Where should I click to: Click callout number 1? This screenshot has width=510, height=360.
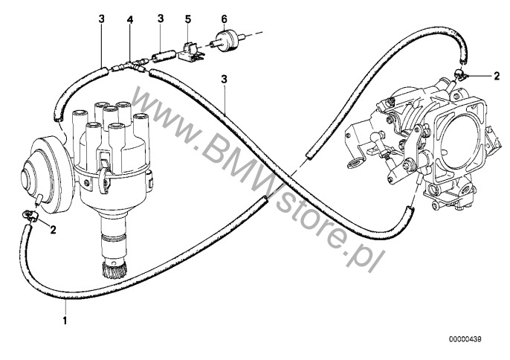[x=65, y=323]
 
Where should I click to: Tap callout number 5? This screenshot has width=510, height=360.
[x=188, y=17]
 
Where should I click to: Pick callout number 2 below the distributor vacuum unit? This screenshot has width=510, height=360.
[x=51, y=231]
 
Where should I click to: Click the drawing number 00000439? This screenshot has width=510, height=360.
[x=467, y=340]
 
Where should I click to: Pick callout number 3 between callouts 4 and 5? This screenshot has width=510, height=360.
[x=160, y=17]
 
